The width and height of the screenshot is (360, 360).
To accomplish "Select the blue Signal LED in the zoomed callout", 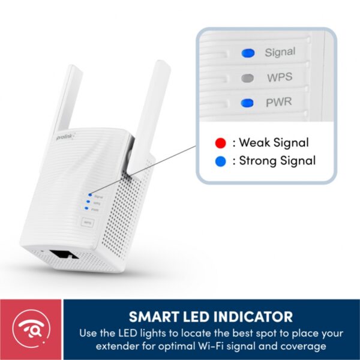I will click(247, 53).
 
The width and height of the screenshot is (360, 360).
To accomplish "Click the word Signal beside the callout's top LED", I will click(280, 52).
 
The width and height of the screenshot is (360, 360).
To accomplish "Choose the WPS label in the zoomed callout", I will click(280, 77).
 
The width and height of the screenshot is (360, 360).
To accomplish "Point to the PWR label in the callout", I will click(280, 103).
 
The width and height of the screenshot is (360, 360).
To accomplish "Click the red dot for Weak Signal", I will click(221, 143).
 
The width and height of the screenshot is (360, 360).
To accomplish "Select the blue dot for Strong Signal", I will click(221, 161).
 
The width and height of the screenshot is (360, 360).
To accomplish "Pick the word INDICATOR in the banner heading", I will click(256, 317).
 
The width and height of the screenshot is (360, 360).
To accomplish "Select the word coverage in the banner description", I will click(304, 346).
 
